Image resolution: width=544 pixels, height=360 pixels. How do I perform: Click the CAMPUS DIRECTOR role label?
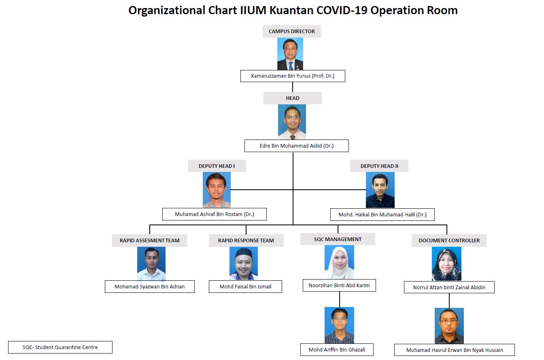292,31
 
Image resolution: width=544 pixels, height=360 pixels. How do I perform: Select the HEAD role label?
293,98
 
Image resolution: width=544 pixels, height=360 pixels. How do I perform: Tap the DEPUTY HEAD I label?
217,166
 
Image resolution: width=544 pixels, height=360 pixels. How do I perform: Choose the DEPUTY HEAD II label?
379,166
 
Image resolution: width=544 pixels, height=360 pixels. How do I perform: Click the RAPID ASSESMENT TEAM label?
150,240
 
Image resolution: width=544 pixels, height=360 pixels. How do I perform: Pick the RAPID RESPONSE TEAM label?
246,240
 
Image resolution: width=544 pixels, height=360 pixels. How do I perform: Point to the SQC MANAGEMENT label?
338,239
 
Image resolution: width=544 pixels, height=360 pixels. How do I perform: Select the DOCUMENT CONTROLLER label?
449,240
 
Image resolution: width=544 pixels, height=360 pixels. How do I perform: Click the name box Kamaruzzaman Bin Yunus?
293,76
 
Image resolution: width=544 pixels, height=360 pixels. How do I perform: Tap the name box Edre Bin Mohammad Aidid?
297,146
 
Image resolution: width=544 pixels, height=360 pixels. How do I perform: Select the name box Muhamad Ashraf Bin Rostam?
215,214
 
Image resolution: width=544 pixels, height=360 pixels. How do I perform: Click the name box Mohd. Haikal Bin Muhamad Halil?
382,215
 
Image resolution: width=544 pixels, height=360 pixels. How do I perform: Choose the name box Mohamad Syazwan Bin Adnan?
150,287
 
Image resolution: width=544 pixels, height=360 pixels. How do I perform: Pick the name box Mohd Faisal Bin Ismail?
245,287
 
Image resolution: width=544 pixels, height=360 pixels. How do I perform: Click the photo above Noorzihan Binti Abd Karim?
339,262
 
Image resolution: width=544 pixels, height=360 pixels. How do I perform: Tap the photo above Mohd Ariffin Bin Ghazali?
339,325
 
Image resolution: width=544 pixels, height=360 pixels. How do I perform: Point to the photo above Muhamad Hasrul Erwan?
449,326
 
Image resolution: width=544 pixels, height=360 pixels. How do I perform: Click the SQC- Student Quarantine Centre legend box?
60,347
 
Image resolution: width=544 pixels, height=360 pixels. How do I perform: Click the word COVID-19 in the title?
342,10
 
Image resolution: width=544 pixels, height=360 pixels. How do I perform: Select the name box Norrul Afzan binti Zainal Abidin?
449,288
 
